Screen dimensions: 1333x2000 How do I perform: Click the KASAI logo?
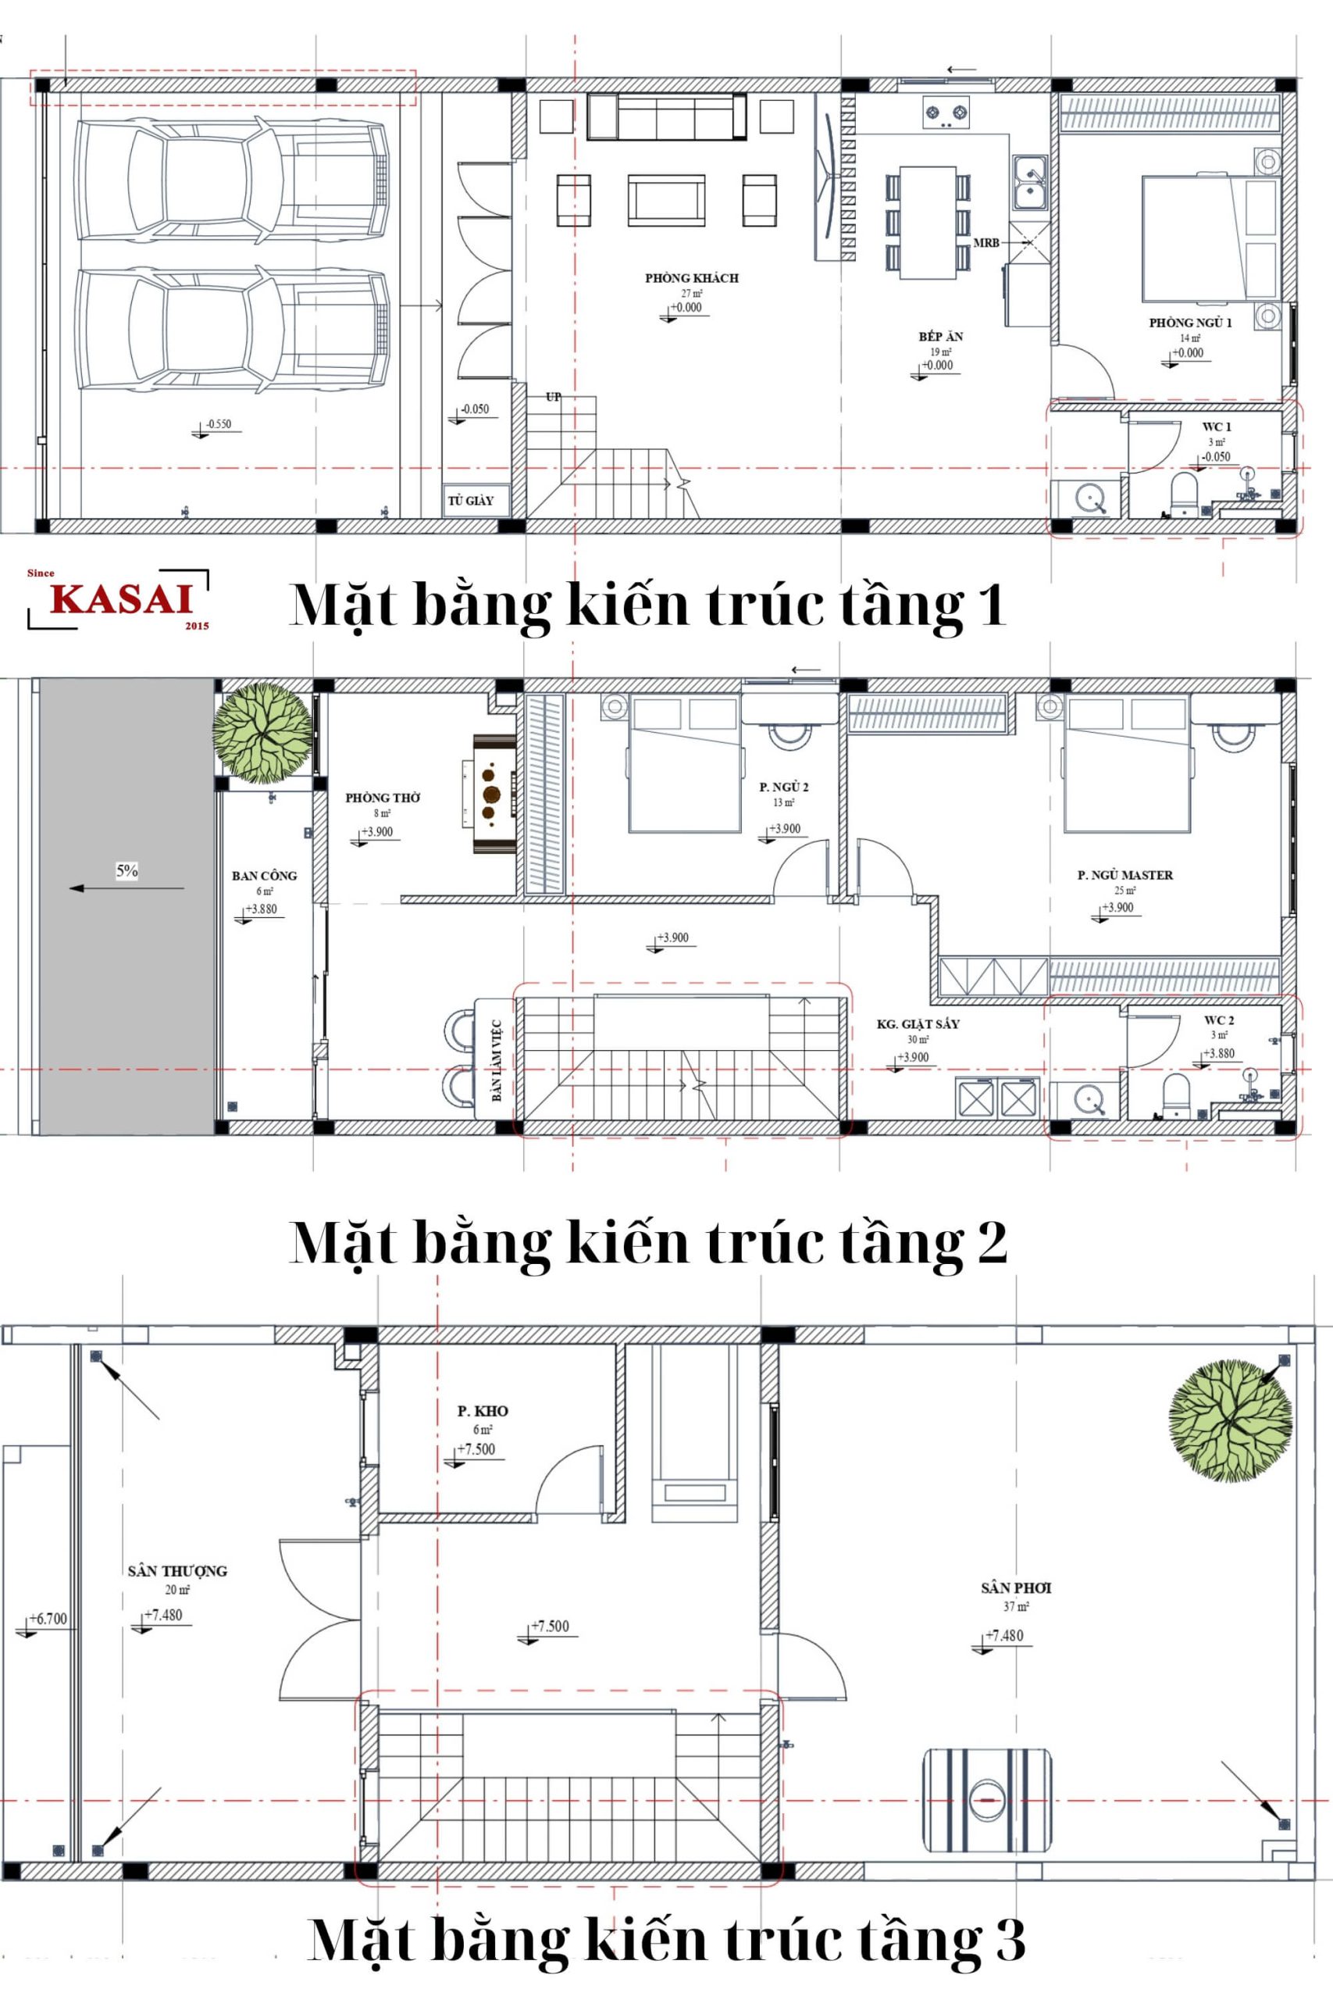point(119,599)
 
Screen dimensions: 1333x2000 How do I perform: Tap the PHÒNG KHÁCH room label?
point(691,278)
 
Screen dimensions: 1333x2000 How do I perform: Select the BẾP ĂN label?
point(940,337)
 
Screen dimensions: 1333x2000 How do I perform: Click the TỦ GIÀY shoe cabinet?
point(470,501)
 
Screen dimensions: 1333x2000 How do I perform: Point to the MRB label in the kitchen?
point(986,243)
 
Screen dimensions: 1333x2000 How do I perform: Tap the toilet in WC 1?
point(1184,495)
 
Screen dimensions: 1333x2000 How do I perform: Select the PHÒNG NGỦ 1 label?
point(1190,323)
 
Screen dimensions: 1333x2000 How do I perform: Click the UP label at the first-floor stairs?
point(554,396)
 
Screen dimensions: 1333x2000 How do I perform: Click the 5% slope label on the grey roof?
point(127,871)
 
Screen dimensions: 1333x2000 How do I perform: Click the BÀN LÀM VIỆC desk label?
point(496,1059)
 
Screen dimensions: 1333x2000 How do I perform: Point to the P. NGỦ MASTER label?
point(1124,875)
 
